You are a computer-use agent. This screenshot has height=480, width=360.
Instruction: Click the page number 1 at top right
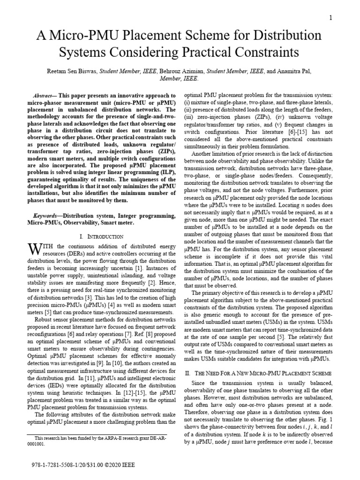point(330,18)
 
